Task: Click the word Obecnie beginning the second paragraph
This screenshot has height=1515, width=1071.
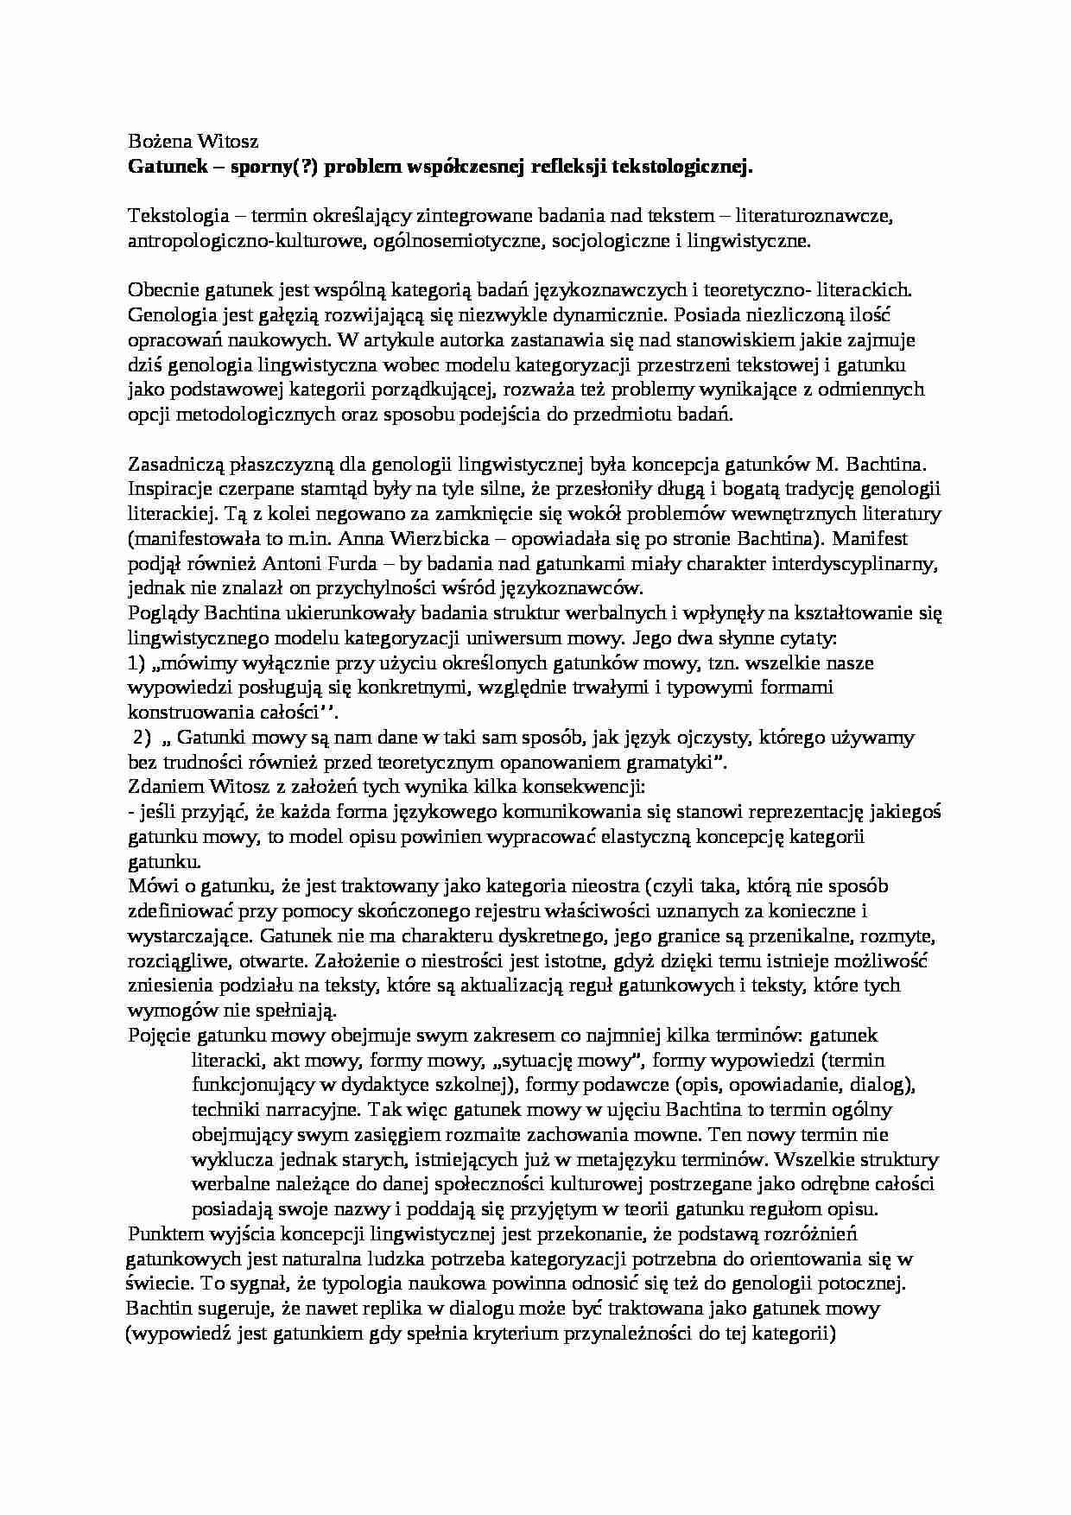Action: (x=158, y=289)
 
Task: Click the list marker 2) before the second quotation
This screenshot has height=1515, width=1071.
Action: (x=141, y=738)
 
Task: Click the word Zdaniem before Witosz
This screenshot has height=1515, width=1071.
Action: (x=162, y=788)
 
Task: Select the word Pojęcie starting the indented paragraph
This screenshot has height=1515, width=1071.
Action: (x=159, y=1036)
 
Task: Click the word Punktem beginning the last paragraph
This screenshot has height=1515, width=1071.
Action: (x=165, y=1233)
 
